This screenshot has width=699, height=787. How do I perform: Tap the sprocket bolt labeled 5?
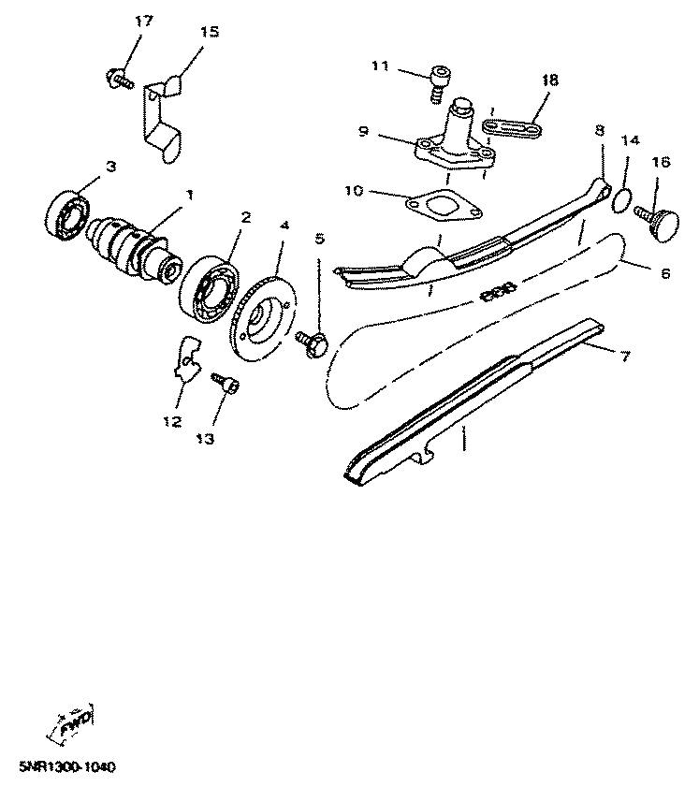[x=313, y=342]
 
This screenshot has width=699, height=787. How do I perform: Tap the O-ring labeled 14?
[x=619, y=198]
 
